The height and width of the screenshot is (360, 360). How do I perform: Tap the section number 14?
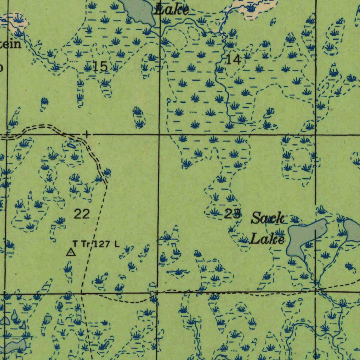233,60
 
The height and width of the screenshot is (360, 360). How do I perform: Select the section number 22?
82,213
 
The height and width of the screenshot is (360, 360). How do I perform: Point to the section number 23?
233,213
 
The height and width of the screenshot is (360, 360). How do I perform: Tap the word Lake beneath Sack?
267,239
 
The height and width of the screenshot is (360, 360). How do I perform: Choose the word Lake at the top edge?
172,9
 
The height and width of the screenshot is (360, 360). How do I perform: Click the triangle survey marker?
71,252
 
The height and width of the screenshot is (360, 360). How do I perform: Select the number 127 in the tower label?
102,244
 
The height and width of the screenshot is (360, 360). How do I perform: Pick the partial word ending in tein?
11,45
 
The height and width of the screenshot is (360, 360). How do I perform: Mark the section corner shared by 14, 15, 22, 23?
159,134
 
